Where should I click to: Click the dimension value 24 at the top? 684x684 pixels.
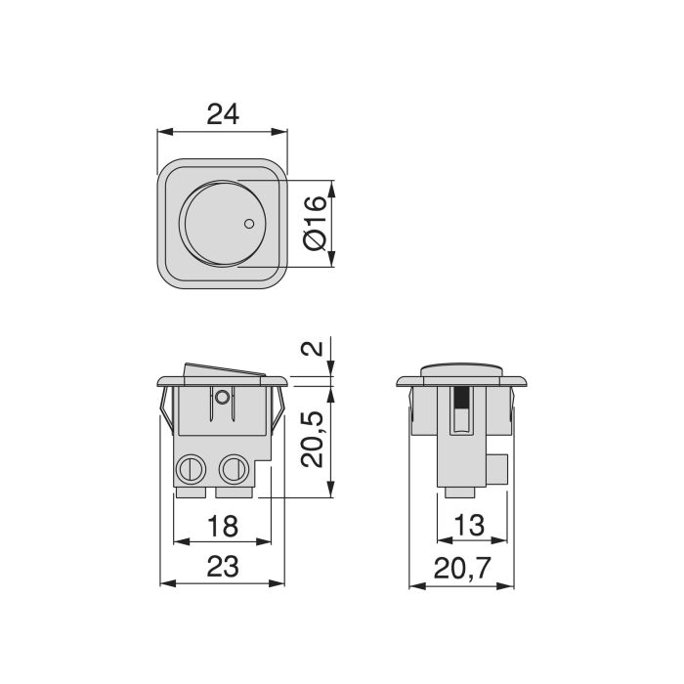coord(223,114)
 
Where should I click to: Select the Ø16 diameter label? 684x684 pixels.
coord(315,224)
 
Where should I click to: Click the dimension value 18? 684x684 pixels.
coord(223,527)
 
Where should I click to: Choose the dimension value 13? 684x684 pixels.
coord(469,527)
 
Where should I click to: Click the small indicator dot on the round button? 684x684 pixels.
coord(249,224)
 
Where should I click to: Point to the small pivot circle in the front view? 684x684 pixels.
coord(223,397)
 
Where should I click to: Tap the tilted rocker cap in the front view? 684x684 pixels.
coord(225,370)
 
